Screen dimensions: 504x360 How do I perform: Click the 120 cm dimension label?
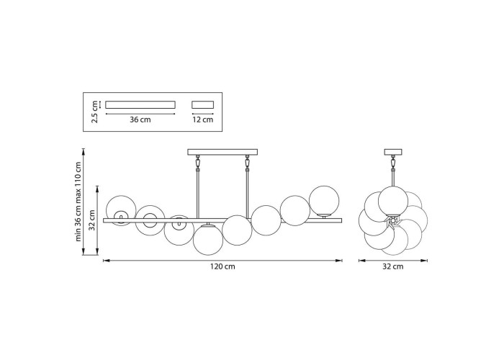222,267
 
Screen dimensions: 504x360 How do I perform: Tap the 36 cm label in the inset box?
140,120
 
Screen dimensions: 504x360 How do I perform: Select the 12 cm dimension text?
203,120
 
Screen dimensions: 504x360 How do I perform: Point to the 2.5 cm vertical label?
94,112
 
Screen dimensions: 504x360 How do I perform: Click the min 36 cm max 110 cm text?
78,201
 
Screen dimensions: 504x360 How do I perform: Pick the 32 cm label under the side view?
393,267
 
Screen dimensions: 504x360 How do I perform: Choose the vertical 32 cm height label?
92,220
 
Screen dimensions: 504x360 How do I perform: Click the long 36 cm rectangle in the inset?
140,105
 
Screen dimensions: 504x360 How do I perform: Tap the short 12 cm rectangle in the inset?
203,105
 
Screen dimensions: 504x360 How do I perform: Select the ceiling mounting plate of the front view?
222,152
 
